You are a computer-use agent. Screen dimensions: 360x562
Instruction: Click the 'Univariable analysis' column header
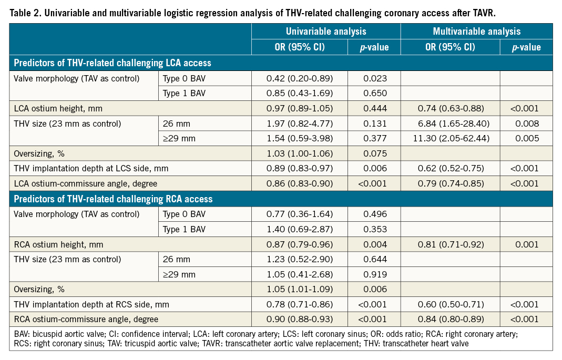pyautogui.click(x=326, y=32)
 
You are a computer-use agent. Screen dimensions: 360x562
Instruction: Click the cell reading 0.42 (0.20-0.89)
pyautogui.click(x=300, y=79)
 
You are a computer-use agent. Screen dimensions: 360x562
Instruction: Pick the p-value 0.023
pyautogui.click(x=375, y=79)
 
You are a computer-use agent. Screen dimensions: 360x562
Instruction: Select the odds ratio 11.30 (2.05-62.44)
pyautogui.click(x=450, y=139)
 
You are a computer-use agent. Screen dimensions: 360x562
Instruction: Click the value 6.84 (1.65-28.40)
pyautogui.click(x=450, y=124)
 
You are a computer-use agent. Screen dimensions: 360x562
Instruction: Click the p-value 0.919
pyautogui.click(x=375, y=274)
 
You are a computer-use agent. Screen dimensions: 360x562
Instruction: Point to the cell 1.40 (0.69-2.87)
pyautogui.click(x=300, y=229)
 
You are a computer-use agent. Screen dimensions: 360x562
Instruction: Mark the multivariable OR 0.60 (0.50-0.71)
pyautogui.click(x=450, y=304)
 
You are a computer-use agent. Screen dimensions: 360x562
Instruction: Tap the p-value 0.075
pyautogui.click(x=375, y=154)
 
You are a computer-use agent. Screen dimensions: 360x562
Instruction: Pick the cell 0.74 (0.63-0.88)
pyautogui.click(x=450, y=109)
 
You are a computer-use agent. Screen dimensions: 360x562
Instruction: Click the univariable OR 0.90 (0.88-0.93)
pyautogui.click(x=300, y=319)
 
